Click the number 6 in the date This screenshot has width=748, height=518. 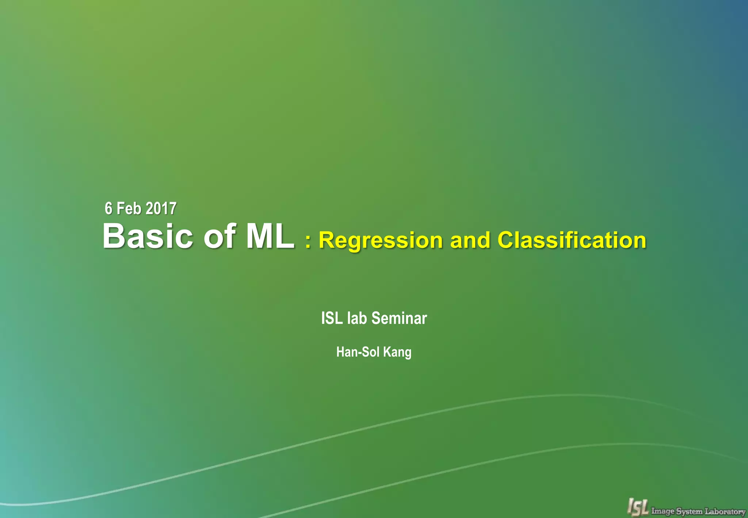pyautogui.click(x=108, y=209)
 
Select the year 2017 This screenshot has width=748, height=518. pyautogui.click(x=161, y=209)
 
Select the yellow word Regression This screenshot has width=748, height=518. pyautogui.click(x=381, y=241)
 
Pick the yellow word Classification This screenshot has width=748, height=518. pyautogui.click(x=572, y=240)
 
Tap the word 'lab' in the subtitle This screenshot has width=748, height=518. pyautogui.click(x=357, y=318)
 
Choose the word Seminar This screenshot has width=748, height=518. pyautogui.click(x=399, y=318)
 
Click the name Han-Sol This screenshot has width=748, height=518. pyautogui.click(x=358, y=352)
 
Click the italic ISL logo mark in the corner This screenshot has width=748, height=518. pyautogui.click(x=637, y=507)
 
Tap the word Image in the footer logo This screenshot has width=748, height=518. pyautogui.click(x=663, y=511)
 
